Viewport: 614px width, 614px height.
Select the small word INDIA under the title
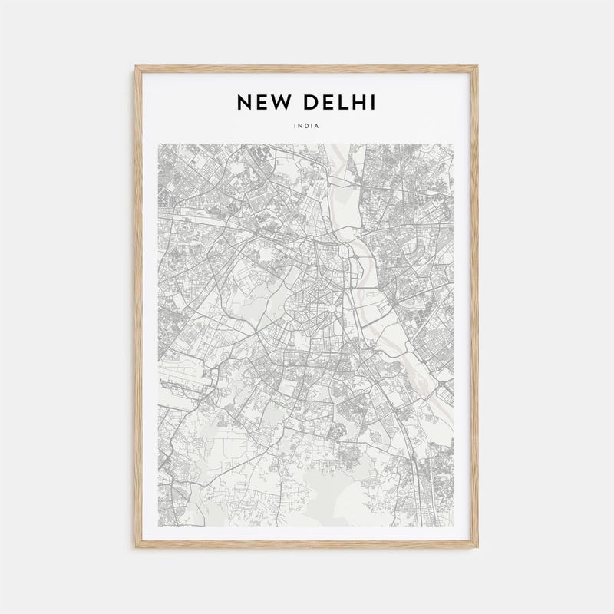pos(307,126)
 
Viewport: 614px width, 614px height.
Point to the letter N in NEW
pos(244,102)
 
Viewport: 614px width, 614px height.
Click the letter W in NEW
pos(281,102)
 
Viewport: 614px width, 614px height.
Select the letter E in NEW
pos(262,102)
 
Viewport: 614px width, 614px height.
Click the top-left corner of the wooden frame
pos(137,68)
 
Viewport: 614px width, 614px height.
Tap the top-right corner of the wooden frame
pos(477,68)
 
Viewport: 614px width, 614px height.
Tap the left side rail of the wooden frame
pos(138,307)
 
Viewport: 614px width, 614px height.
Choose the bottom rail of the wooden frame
pos(307,545)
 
